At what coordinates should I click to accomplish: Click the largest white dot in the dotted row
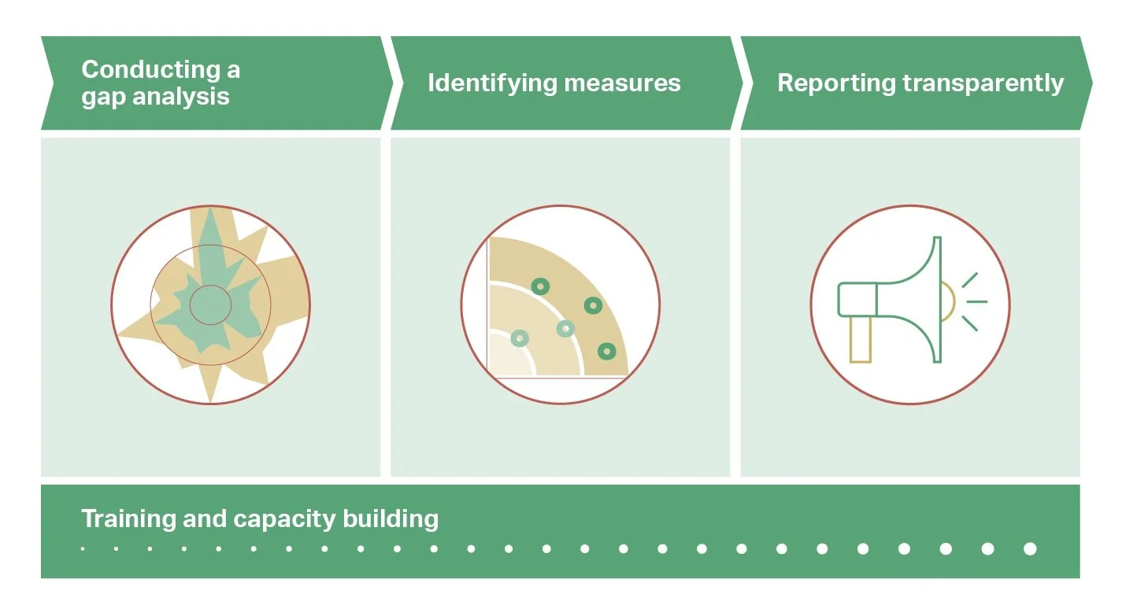pyautogui.click(x=1030, y=549)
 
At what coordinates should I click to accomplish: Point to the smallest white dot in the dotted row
pyautogui.click(x=83, y=549)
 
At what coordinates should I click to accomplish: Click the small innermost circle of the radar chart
pyautogui.click(x=210, y=304)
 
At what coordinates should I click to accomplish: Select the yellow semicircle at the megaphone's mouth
pyautogui.click(x=948, y=303)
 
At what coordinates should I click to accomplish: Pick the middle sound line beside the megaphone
pyautogui.click(x=976, y=301)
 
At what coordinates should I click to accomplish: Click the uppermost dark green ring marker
pyautogui.click(x=539, y=286)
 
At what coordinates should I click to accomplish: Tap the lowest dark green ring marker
pyautogui.click(x=605, y=352)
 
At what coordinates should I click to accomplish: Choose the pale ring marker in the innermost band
pyautogui.click(x=520, y=338)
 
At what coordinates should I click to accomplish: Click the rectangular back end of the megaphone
pyautogui.click(x=857, y=300)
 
